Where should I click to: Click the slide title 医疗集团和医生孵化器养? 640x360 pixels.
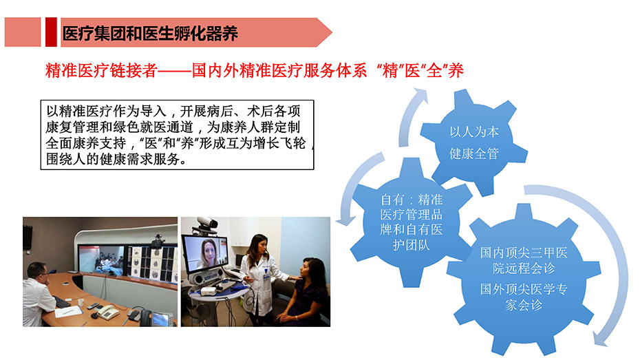pyautogui.click(x=150, y=34)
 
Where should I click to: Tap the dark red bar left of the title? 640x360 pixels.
pyautogui.click(x=51, y=32)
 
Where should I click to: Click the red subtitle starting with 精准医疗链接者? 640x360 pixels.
pyautogui.click(x=255, y=71)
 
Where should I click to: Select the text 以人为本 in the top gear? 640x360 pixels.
pyautogui.click(x=474, y=132)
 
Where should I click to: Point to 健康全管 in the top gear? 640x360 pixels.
pyautogui.click(x=474, y=153)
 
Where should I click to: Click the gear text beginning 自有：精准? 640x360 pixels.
pyautogui.click(x=411, y=222)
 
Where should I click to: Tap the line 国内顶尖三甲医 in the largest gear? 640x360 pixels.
pyautogui.click(x=524, y=253)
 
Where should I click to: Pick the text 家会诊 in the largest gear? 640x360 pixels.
pyautogui.click(x=524, y=304)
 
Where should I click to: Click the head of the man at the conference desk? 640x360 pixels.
pyautogui.click(x=37, y=273)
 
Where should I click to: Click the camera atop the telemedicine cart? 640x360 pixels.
pyautogui.click(x=209, y=223)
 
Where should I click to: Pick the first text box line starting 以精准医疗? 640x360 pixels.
pyautogui.click(x=173, y=111)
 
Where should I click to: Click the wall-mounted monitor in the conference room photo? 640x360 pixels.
pyautogui.click(x=28, y=237)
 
